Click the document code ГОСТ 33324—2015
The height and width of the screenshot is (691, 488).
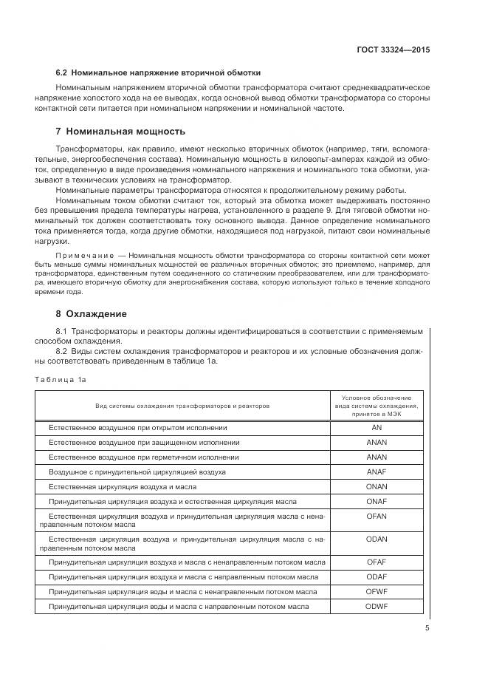click(392, 50)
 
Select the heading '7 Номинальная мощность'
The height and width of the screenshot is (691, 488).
click(120, 132)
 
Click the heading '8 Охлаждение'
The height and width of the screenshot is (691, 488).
click(92, 313)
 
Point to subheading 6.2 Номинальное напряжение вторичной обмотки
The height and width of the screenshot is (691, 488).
click(158, 72)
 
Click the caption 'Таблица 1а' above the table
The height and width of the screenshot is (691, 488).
click(61, 379)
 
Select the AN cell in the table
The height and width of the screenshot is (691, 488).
click(377, 428)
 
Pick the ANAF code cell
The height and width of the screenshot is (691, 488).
click(377, 471)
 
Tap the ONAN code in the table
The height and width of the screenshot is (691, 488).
click(377, 487)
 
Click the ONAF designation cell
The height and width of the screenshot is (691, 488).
click(377, 502)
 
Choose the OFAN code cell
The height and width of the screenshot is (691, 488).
click(377, 516)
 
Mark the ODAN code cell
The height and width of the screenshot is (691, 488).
click(377, 539)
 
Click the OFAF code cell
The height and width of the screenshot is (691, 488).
click(377, 562)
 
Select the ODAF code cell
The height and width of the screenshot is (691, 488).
click(377, 577)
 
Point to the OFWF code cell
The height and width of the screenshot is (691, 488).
click(377, 592)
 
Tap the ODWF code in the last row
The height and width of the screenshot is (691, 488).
click(377, 606)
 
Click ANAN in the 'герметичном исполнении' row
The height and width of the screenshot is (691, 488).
click(377, 457)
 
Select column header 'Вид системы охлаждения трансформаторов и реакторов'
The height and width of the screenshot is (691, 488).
click(182, 406)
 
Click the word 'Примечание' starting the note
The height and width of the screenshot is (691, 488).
click(80, 255)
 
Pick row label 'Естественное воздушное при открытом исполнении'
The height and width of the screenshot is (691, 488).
click(138, 428)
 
